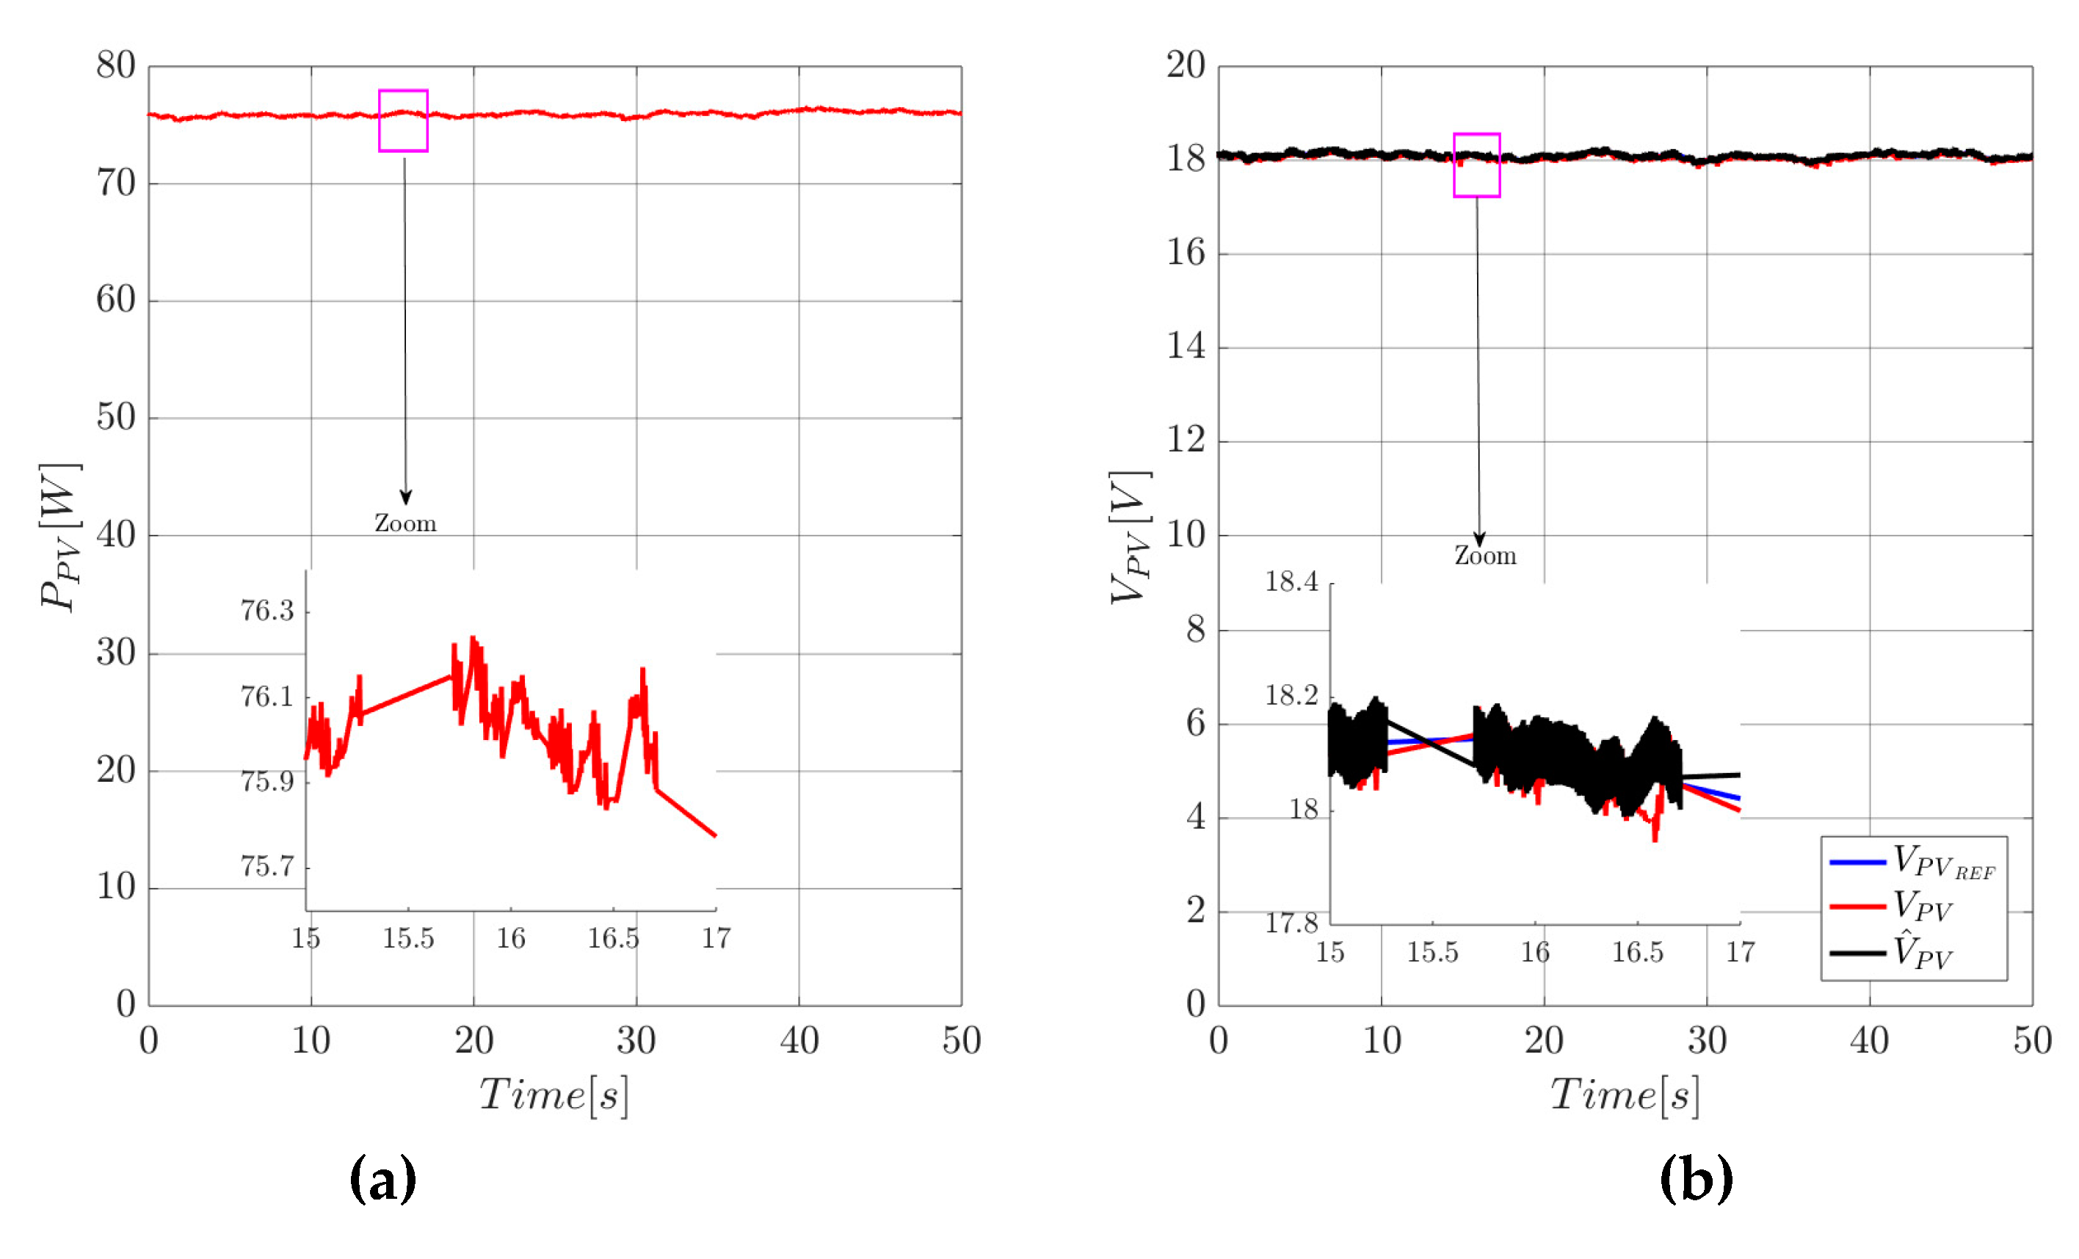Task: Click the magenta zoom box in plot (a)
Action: [403, 120]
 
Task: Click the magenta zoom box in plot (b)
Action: [1476, 165]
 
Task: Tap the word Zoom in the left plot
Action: [406, 524]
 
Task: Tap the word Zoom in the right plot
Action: [1485, 556]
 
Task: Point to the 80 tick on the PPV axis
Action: [115, 66]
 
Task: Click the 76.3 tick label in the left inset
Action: [266, 610]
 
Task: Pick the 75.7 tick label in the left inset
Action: [266, 866]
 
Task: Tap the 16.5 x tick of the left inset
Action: [614, 938]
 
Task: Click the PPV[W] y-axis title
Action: [61, 537]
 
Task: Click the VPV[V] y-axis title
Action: [1131, 537]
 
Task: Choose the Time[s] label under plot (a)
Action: [554, 1095]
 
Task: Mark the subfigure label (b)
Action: [1696, 1179]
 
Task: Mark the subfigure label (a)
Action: [382, 1179]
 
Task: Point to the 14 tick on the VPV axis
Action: [1186, 346]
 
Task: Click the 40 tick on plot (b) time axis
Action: [1869, 1040]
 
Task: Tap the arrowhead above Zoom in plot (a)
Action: [406, 498]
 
